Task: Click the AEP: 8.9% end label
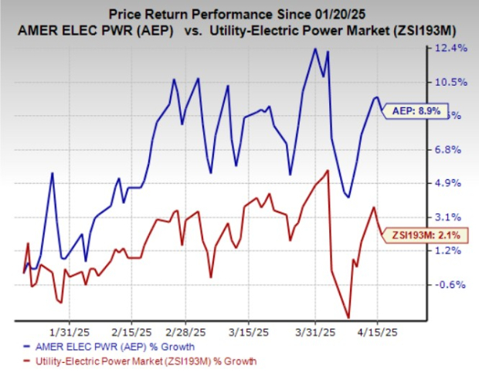[x=418, y=110]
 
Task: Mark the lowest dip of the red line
[x=348, y=317]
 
